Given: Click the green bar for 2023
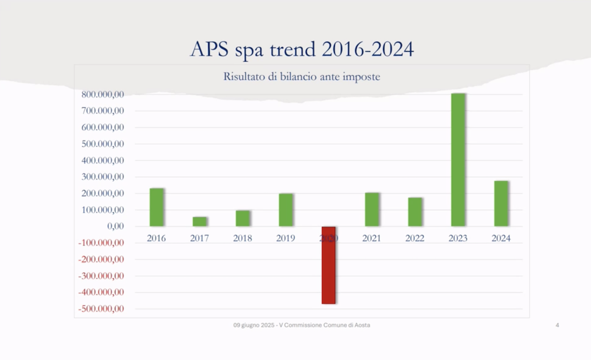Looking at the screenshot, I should point(458,160).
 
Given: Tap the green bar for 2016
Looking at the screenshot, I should point(157,207).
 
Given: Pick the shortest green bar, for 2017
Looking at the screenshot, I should point(199,222).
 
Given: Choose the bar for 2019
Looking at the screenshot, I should point(286,210).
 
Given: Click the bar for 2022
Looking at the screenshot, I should point(415,212).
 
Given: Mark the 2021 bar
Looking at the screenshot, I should point(372,210).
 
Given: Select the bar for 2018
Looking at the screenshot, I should point(243,218).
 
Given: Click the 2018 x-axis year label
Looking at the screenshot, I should point(242,238).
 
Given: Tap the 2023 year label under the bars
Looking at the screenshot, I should point(458,238).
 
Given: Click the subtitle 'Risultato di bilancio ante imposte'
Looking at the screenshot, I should point(301,77).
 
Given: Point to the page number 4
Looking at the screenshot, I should point(557,325).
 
